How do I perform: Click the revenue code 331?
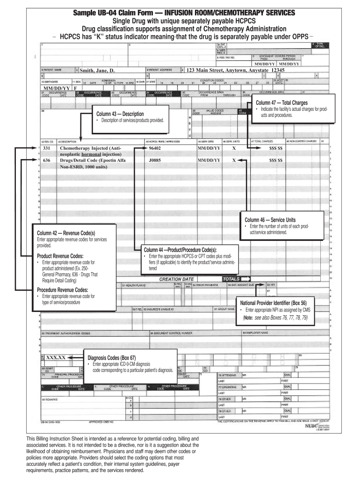[47, 148]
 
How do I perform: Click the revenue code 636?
[47, 160]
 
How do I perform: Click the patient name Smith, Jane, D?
[97, 71]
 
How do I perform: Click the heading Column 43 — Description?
[120, 114]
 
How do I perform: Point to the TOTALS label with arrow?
[237, 279]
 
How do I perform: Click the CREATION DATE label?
[177, 279]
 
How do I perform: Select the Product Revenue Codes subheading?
[60, 256]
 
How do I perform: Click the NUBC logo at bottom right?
[311, 426]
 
